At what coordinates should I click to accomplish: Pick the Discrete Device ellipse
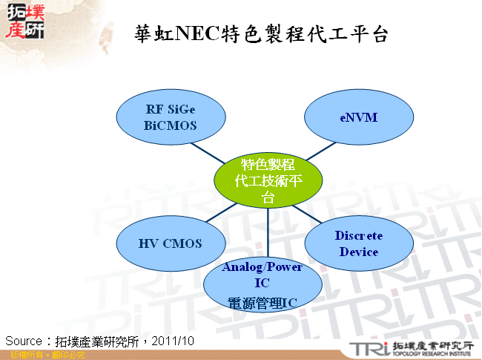pos(359,243)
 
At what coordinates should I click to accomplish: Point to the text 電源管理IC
pos(262,302)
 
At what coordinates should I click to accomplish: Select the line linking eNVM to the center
pos(320,151)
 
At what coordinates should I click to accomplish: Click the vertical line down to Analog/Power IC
pos(268,234)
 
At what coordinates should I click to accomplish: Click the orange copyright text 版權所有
pos(20,356)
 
